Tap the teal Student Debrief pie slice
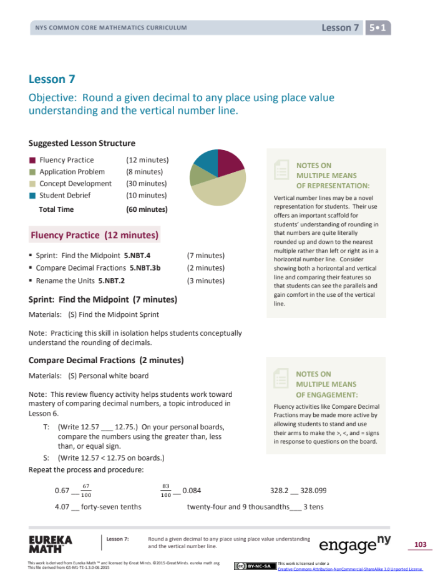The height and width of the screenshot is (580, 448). pos(206,161)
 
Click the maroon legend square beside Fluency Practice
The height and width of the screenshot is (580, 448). pos(33,160)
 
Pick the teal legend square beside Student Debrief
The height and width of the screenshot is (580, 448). pos(33,196)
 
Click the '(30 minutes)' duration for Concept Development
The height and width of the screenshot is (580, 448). pos(146,184)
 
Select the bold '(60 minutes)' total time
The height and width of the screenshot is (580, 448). pos(146,209)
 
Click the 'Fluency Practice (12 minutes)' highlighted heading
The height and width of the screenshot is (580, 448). pos(94,236)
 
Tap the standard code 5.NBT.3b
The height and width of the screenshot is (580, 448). pos(145,268)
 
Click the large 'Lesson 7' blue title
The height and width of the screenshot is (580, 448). pos(47,79)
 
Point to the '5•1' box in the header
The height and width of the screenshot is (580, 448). pos(378,27)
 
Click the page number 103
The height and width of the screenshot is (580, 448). pos(420,544)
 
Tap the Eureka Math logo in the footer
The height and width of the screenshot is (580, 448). pos(51,544)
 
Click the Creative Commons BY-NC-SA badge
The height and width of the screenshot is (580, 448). pos(255,566)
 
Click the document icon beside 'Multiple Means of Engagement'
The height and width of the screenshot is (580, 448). pos(281,379)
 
